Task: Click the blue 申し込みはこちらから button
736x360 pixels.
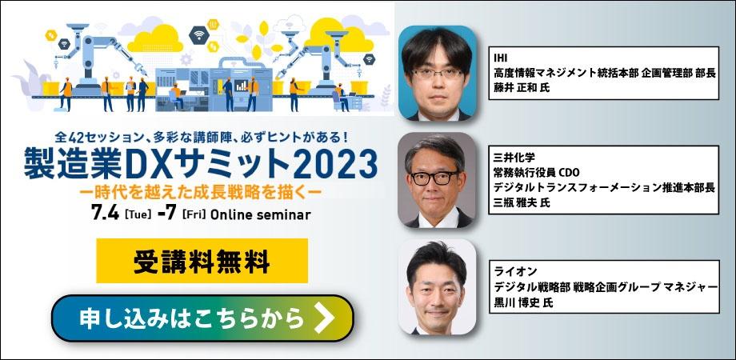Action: point(202,318)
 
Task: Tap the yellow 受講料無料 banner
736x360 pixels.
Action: point(202,262)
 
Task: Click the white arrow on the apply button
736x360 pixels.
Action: point(324,318)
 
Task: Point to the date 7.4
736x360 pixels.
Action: point(106,214)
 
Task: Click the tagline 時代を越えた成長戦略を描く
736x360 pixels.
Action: point(202,192)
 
